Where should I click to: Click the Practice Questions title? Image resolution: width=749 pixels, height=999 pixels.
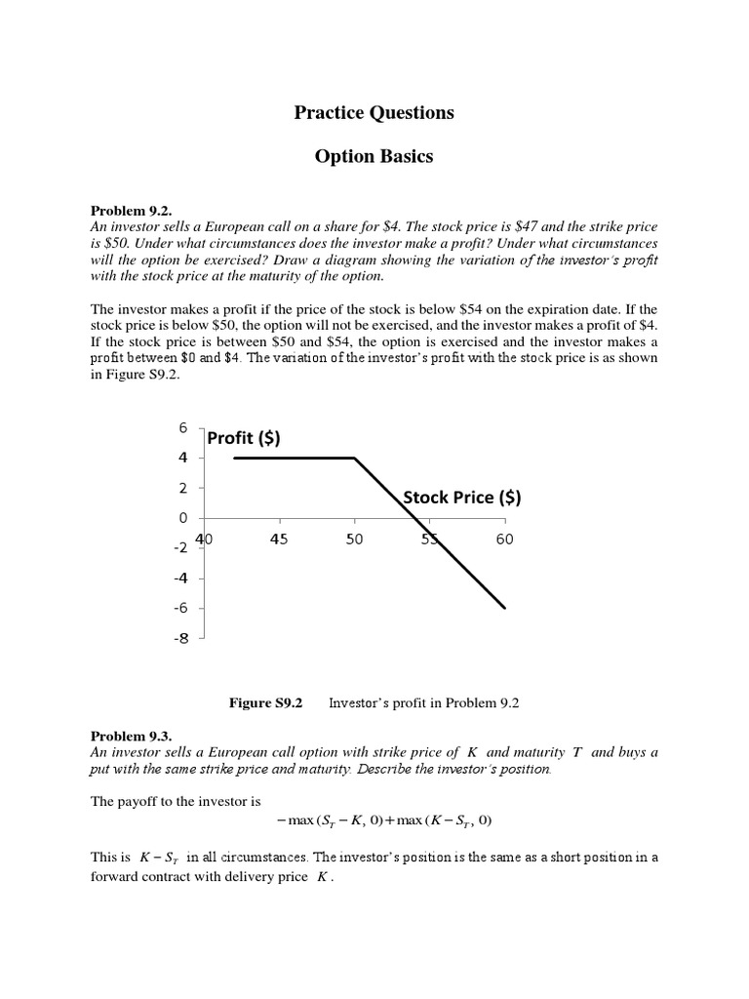point(374,113)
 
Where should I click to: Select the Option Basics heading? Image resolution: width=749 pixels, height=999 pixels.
point(374,157)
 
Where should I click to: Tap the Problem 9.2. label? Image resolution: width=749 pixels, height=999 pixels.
point(131,211)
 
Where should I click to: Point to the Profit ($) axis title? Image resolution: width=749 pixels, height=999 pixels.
point(244,438)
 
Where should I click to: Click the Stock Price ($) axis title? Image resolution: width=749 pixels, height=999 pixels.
point(462,498)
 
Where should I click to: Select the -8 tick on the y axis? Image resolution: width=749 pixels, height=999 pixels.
point(180,639)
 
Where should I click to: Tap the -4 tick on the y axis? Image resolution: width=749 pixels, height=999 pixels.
point(180,579)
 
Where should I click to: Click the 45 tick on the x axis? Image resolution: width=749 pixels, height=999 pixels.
point(279,539)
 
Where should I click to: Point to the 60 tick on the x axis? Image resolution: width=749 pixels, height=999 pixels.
point(504,539)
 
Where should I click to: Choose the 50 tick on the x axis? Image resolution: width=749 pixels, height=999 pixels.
point(354,539)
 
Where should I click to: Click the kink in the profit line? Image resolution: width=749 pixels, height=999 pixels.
point(355,458)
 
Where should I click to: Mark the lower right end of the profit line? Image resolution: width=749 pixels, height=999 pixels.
point(505,608)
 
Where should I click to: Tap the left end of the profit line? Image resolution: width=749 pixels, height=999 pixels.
point(235,458)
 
